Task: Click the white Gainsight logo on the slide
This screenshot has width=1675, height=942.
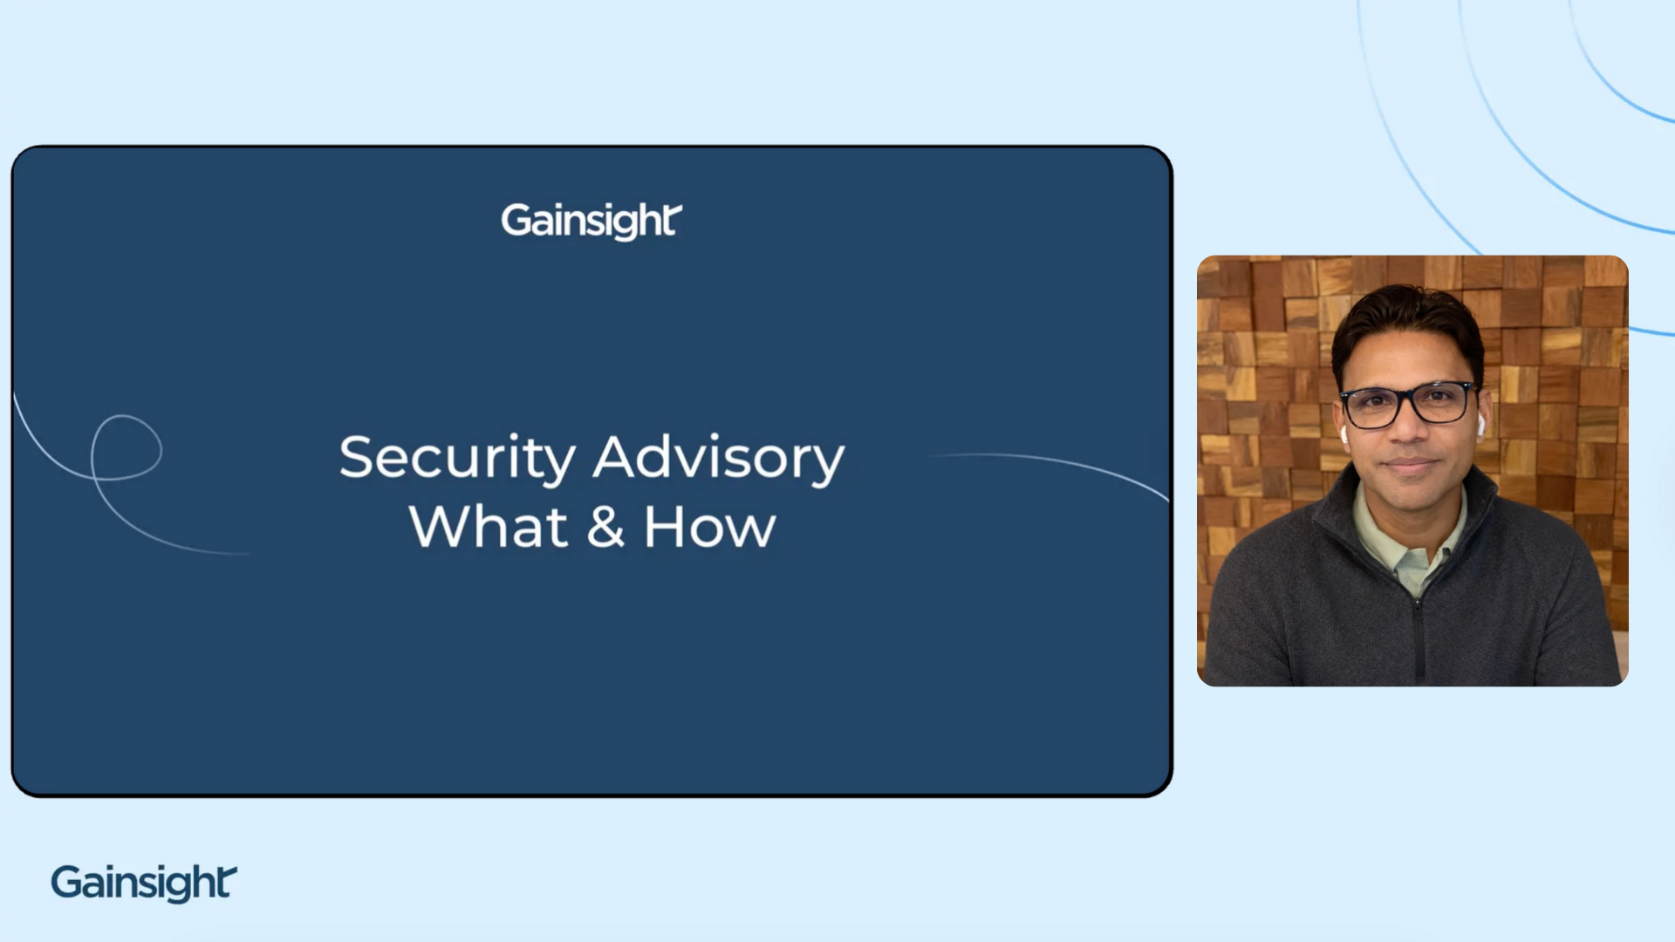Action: (591, 221)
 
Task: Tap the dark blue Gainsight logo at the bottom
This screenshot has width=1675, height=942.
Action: (144, 883)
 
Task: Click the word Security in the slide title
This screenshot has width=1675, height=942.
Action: (457, 457)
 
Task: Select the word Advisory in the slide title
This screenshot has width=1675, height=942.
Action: (719, 457)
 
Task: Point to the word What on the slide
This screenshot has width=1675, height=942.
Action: (489, 527)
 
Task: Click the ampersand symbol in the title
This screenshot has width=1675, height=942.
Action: (605, 527)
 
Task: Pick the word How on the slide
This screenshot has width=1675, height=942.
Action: (709, 527)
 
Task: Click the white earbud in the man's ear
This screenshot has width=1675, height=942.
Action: (1480, 426)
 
